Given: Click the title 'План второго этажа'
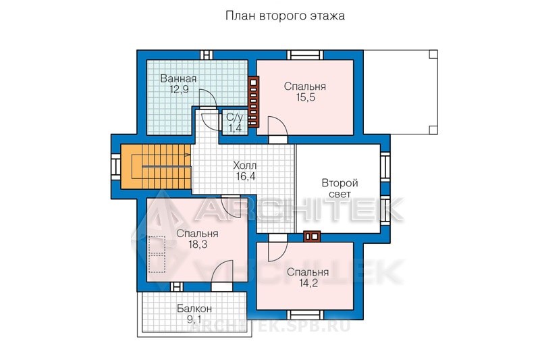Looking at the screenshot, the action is tap(285, 16).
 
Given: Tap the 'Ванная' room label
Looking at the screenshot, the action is tap(178, 78).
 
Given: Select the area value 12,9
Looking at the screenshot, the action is tap(179, 90).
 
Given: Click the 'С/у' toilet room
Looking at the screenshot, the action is tap(235, 122).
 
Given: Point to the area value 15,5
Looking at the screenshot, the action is tap(306, 97).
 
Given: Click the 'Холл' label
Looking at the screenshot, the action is tap(245, 165).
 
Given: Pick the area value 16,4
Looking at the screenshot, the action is tap(246, 176).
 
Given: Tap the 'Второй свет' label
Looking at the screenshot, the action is tap(340, 188).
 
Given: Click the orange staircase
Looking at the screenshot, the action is tap(156, 167).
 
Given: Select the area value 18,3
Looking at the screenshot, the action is tap(197, 245).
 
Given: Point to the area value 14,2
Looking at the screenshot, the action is tap(308, 283).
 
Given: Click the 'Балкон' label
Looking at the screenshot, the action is tap(194, 308).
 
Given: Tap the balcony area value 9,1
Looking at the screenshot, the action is tap(194, 319).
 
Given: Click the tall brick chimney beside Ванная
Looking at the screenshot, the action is tap(254, 102).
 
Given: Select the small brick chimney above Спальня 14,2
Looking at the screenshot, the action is tap(312, 236).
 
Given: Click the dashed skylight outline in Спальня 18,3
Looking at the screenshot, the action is tap(157, 254).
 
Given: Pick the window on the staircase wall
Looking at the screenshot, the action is tap(115, 167).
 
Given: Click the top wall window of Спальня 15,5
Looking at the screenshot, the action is tap(306, 55).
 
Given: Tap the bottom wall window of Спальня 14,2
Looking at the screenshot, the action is tap(306, 315).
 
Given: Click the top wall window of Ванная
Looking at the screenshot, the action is tap(207, 55).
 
